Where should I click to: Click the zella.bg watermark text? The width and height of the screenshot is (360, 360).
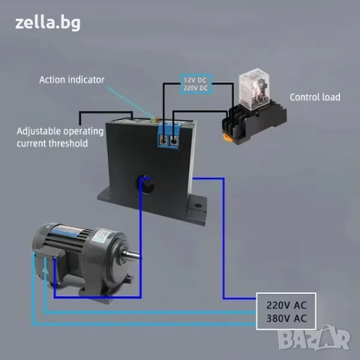[48, 23]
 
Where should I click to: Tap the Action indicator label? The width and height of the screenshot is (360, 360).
[72, 79]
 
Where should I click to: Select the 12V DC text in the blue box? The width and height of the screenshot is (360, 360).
[195, 80]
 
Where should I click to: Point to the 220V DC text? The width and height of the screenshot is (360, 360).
[196, 88]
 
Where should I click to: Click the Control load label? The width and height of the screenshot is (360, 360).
[315, 97]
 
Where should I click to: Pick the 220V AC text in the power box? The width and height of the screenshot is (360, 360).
[286, 305]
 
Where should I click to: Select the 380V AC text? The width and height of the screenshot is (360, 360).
[286, 319]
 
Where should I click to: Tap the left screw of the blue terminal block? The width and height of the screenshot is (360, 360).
[163, 140]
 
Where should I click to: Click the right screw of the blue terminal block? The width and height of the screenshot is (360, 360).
[173, 140]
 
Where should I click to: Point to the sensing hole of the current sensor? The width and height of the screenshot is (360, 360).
[145, 184]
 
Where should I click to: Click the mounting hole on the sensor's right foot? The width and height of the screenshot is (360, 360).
[198, 205]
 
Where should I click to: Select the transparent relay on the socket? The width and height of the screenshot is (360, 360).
[254, 89]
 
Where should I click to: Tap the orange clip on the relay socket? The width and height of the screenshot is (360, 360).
[228, 137]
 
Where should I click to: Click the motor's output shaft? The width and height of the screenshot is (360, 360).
[130, 255]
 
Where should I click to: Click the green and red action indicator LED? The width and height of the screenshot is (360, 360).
[154, 119]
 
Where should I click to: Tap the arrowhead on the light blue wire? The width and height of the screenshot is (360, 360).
[45, 270]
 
